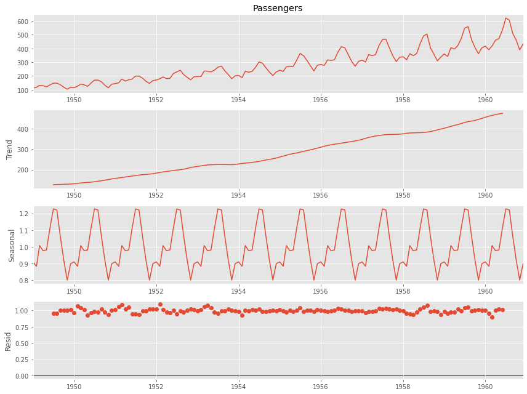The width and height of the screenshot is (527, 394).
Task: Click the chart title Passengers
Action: [x=278, y=8]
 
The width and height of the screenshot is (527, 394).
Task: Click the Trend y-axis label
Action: [x=10, y=150]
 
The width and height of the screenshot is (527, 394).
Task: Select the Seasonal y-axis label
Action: [x=12, y=245]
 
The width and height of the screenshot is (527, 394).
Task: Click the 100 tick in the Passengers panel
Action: [x=23, y=90]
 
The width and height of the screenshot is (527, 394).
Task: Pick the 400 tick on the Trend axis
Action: [x=23, y=129]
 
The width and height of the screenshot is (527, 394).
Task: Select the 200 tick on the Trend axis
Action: [x=23, y=170]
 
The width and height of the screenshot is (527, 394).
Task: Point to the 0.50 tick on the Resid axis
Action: [x=21, y=343]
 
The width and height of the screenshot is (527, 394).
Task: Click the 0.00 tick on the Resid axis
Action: [x=21, y=376]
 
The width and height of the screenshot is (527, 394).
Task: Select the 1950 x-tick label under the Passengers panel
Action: [x=74, y=100]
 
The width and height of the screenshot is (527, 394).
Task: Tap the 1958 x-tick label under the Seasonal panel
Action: [x=403, y=291]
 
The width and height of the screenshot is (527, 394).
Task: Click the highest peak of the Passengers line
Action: [x=505, y=18]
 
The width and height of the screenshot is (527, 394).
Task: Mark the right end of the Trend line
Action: [x=502, y=113]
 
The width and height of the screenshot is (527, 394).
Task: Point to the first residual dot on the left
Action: [x=54, y=313]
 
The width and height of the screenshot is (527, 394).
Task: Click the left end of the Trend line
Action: [x=54, y=185]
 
